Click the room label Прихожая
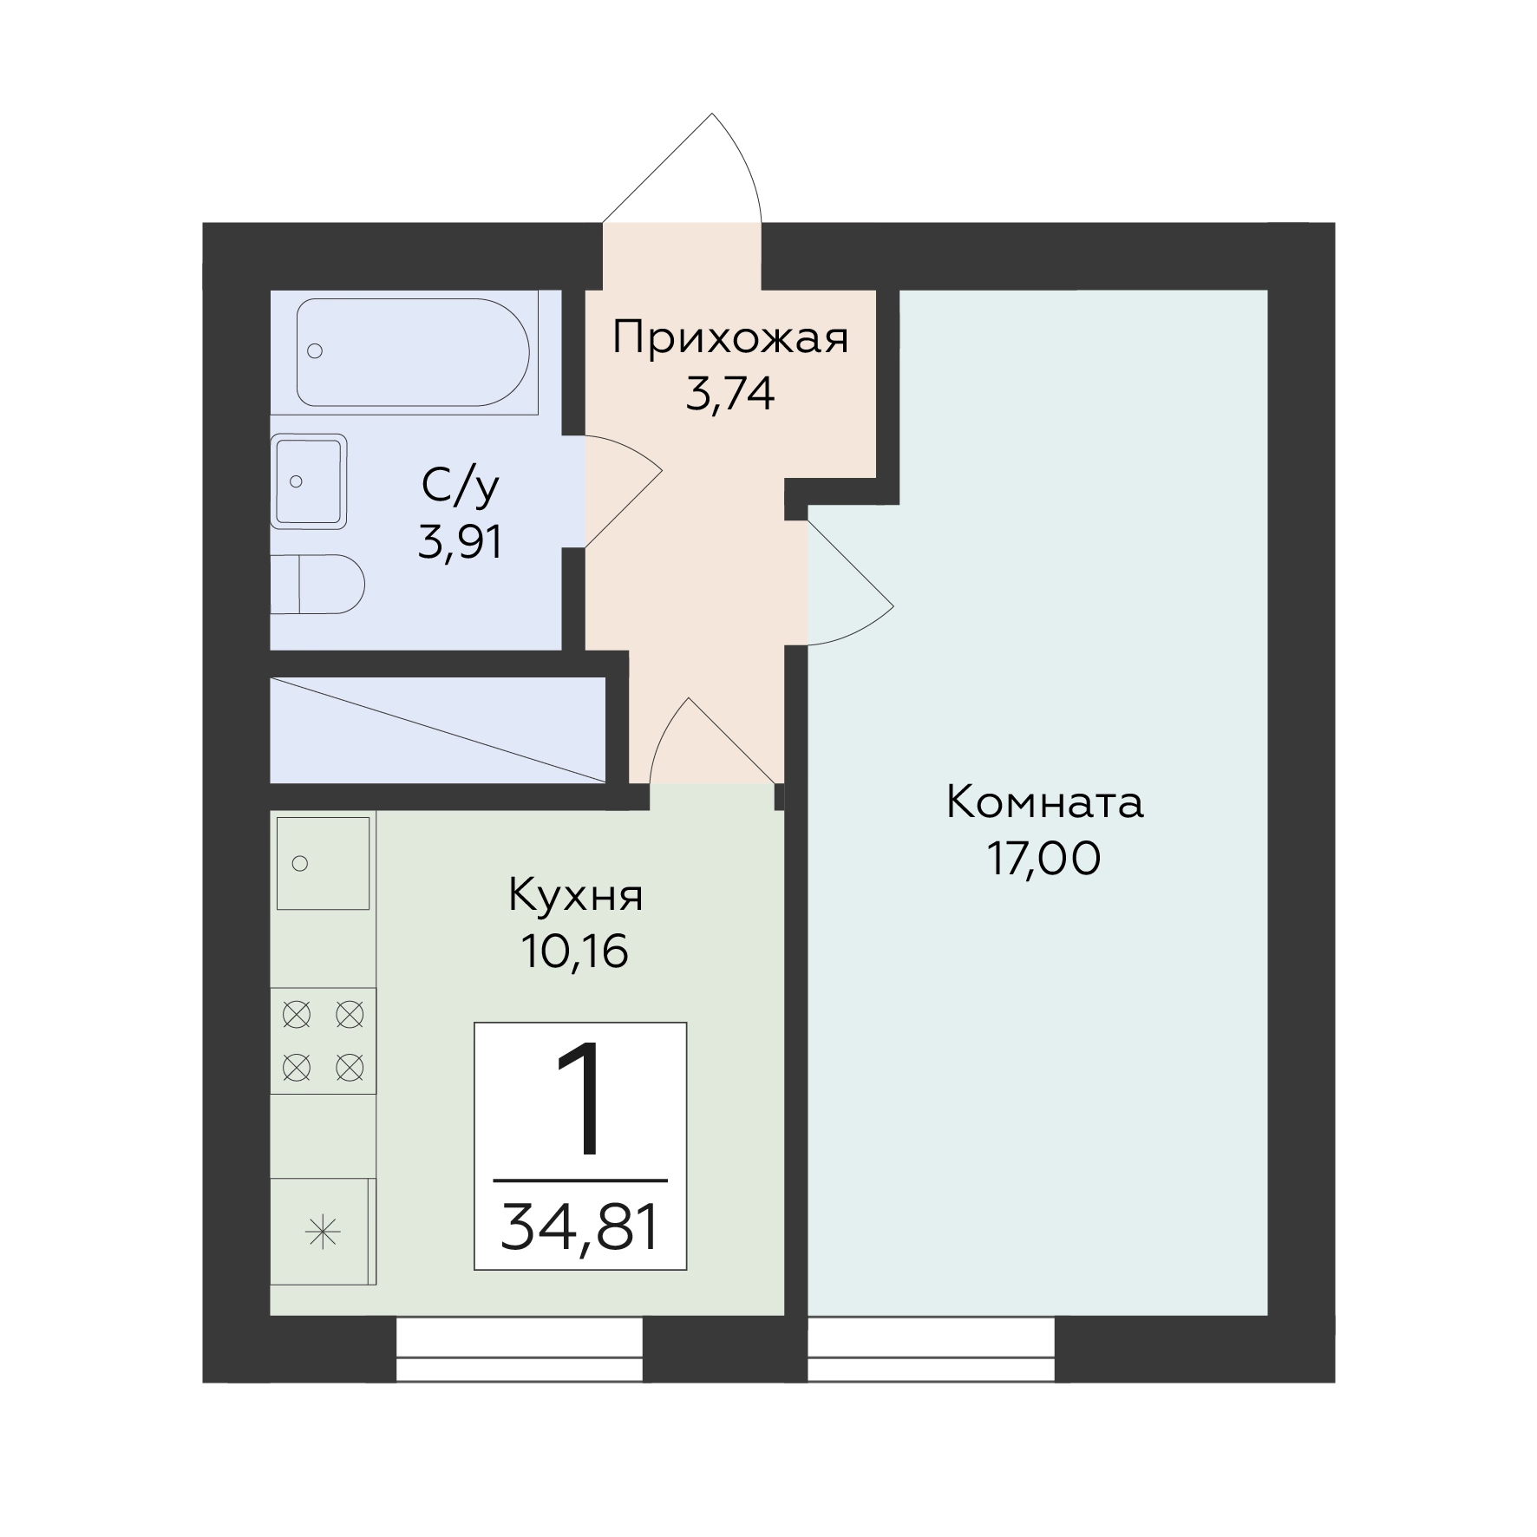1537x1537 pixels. [729, 339]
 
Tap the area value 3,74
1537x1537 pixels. [729, 396]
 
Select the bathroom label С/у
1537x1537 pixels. [461, 487]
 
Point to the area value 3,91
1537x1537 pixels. [461, 543]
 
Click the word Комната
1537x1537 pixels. [1044, 802]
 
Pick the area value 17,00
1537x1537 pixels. [1044, 859]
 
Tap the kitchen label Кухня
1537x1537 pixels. [575, 895]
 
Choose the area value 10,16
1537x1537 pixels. [575, 952]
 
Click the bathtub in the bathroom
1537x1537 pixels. [413, 352]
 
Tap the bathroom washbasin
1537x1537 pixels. [309, 481]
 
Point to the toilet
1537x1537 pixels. [317, 585]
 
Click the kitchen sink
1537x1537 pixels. [323, 863]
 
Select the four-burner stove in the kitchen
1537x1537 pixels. [323, 1040]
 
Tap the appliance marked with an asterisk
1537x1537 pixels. [323, 1232]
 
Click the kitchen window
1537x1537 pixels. [519, 1350]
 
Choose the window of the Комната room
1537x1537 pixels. [932, 1350]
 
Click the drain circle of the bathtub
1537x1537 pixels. [315, 351]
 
